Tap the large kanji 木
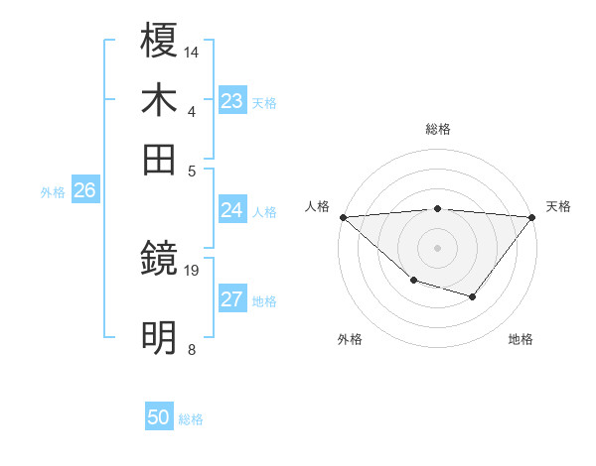160,101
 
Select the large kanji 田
160,160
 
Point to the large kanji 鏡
160,259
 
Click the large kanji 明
160,338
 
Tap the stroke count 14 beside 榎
192,51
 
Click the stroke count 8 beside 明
191,349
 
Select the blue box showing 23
231,101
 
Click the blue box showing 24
231,210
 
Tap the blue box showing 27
231,299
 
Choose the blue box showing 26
84,191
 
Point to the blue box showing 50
159,417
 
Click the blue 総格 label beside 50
192,419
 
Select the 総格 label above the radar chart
438,130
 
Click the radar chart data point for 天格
533,217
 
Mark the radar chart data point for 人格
343,217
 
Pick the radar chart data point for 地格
473,296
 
